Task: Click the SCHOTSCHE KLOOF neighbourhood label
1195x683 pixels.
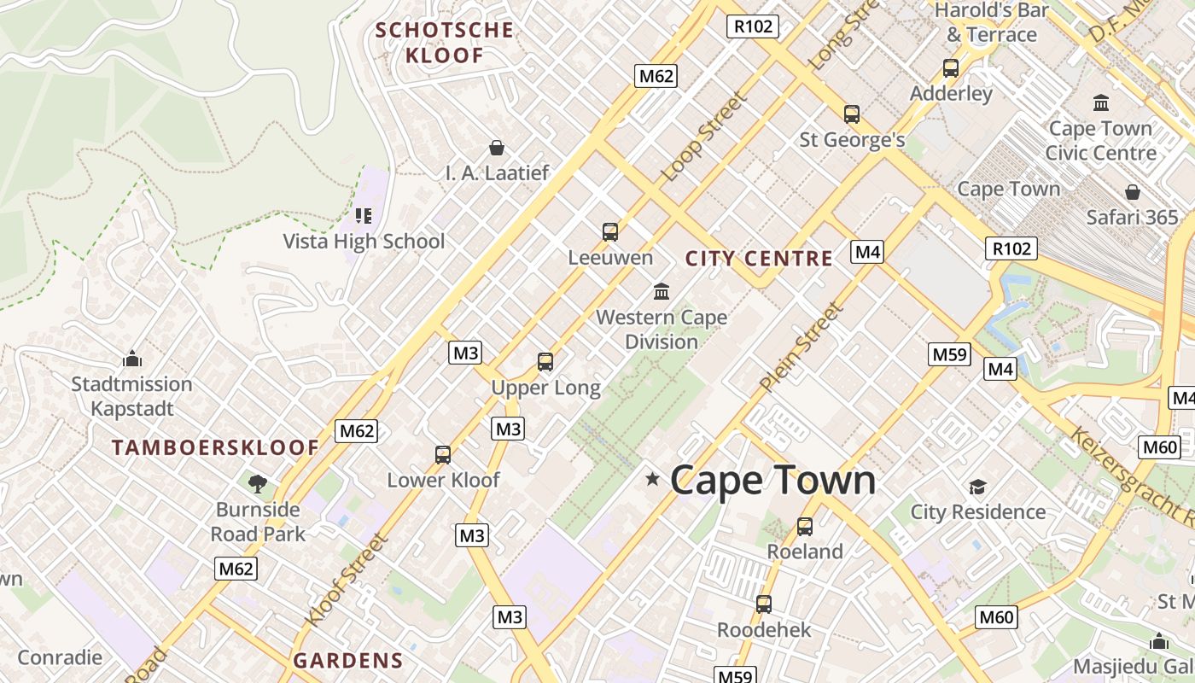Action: point(445,43)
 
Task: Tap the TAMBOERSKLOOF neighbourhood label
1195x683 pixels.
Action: point(215,447)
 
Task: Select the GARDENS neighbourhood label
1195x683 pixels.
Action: point(347,660)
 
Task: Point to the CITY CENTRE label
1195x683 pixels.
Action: point(759,259)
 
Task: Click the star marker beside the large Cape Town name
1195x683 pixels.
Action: point(653,479)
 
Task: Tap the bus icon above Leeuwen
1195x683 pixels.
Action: point(609,231)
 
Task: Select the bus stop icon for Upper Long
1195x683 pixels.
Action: point(545,362)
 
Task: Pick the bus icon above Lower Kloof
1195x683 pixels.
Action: point(442,454)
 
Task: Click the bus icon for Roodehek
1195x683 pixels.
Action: point(763,604)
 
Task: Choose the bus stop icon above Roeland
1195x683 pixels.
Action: point(804,526)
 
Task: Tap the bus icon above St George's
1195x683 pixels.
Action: point(851,114)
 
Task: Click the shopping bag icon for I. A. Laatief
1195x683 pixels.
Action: point(496,148)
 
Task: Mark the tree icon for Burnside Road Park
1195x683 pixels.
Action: point(257,484)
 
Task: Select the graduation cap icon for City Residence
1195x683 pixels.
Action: point(977,487)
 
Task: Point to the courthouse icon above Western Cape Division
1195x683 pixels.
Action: point(662,292)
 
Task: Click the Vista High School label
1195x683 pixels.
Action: point(364,242)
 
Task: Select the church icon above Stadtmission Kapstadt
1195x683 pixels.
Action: point(131,359)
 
